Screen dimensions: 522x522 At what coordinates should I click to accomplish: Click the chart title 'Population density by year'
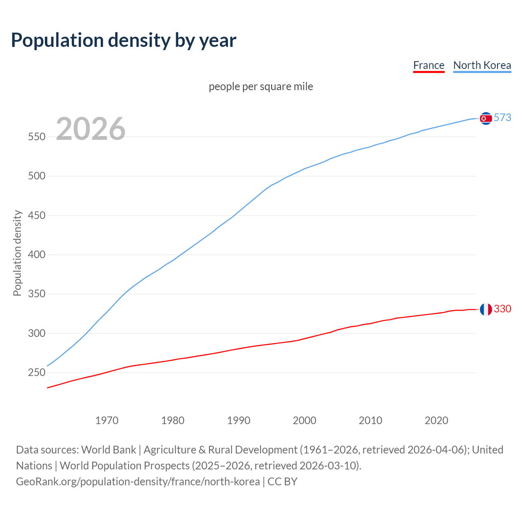[x=124, y=40]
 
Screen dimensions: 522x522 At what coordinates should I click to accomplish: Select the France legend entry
[x=429, y=65]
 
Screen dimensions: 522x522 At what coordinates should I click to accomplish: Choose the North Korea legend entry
[x=482, y=65]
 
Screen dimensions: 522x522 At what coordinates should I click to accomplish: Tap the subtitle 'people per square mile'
[x=261, y=86]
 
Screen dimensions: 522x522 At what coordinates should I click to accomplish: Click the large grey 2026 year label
[x=91, y=129]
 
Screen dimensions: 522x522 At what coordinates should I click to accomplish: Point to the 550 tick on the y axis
[x=36, y=137]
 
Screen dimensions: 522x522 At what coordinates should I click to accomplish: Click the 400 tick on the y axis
[x=36, y=255]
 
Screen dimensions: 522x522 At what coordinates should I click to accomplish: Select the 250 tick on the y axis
[x=36, y=373]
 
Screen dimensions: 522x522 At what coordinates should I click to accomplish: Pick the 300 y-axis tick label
[x=36, y=334]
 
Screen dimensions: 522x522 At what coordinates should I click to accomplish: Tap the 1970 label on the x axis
[x=107, y=420]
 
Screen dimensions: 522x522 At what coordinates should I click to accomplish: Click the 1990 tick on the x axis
[x=239, y=420]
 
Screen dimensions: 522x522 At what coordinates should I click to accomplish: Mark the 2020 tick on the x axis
[x=436, y=420]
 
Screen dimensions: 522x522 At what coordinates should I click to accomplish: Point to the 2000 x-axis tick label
[x=305, y=420]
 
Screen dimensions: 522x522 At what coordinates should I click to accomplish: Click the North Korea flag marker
[x=486, y=118]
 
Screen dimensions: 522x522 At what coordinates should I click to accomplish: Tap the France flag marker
[x=486, y=310]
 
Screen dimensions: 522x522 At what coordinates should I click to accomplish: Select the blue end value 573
[x=502, y=118]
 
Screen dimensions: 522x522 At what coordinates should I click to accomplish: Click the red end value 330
[x=502, y=309]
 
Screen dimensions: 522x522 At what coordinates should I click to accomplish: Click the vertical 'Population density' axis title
[x=17, y=253]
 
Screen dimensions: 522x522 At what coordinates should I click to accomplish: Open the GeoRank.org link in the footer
[x=138, y=482]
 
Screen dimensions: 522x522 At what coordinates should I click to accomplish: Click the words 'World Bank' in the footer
[x=108, y=450]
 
